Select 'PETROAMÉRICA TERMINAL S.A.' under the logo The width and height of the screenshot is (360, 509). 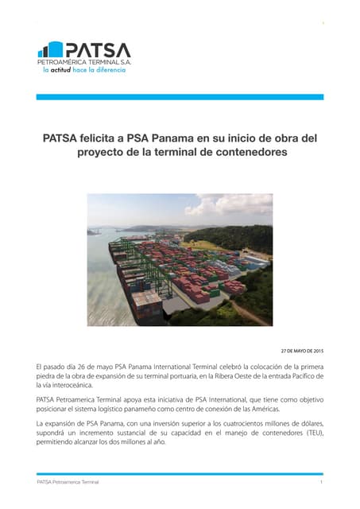tap(84, 61)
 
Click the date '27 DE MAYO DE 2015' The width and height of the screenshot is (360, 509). tap(302, 350)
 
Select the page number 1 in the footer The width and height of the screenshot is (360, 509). tap(320, 482)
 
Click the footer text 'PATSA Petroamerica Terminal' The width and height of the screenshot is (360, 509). tap(68, 482)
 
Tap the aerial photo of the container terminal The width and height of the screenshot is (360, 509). tap(180, 259)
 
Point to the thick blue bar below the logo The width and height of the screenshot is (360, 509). tap(180, 97)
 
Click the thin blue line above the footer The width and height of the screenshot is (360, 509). tap(180, 473)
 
